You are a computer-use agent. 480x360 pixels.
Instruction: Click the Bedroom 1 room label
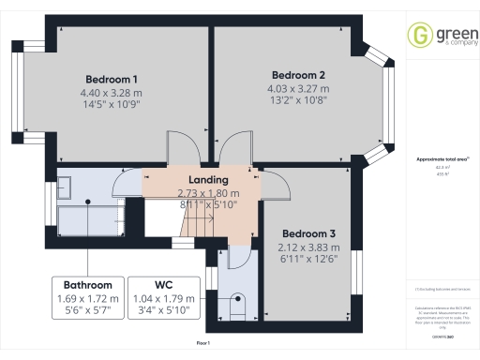(112, 79)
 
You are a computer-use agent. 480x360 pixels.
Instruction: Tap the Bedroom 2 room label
(298, 75)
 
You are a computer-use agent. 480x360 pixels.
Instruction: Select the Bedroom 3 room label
(308, 233)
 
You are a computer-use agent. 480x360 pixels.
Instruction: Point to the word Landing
(208, 180)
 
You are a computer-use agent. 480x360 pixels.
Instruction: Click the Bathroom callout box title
(88, 285)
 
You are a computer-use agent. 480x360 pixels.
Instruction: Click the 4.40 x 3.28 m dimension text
(112, 93)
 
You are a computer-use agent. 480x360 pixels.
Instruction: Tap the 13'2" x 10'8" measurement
(298, 103)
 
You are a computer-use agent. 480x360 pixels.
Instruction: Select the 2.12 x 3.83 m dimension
(308, 247)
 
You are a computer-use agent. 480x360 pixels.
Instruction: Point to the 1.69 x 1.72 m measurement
(88, 299)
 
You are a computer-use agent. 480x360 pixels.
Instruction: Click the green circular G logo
(418, 35)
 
